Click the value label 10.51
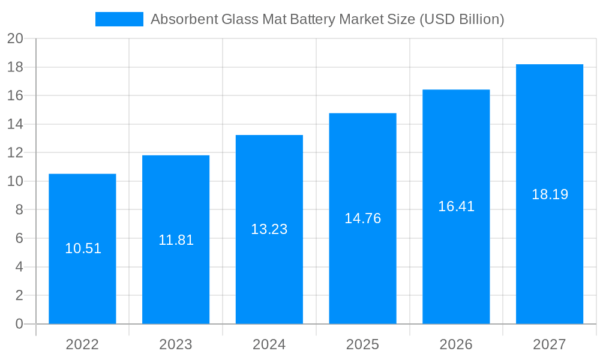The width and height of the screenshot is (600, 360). click(x=83, y=248)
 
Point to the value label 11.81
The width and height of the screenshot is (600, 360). click(x=176, y=240)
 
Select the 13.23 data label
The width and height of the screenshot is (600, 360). click(x=269, y=229)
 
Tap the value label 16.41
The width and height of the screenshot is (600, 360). click(x=456, y=206)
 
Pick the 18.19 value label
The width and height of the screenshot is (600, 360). click(x=550, y=194)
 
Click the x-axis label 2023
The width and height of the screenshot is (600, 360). click(x=176, y=344)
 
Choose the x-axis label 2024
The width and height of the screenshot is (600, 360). click(x=269, y=344)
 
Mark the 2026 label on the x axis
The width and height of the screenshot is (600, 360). click(x=456, y=344)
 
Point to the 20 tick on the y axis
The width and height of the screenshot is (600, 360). click(x=15, y=39)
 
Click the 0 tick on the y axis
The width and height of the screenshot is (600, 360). click(x=19, y=324)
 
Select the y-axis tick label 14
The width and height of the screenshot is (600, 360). click(x=15, y=124)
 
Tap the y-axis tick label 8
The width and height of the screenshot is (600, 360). click(x=19, y=210)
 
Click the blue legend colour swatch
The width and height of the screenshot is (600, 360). click(x=119, y=19)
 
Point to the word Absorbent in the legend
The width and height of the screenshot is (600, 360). click(x=182, y=19)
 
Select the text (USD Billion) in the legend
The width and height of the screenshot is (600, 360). click(x=461, y=19)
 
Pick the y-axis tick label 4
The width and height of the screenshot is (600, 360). click(x=19, y=267)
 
